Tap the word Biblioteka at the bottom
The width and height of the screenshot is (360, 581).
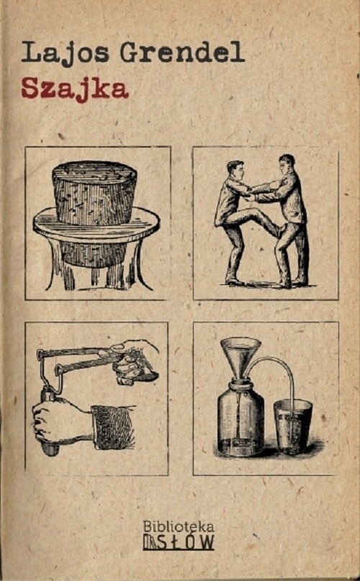tap(178, 526)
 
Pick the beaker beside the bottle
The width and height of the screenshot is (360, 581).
tap(292, 427)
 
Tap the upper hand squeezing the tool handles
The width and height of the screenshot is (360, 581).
tap(136, 361)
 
